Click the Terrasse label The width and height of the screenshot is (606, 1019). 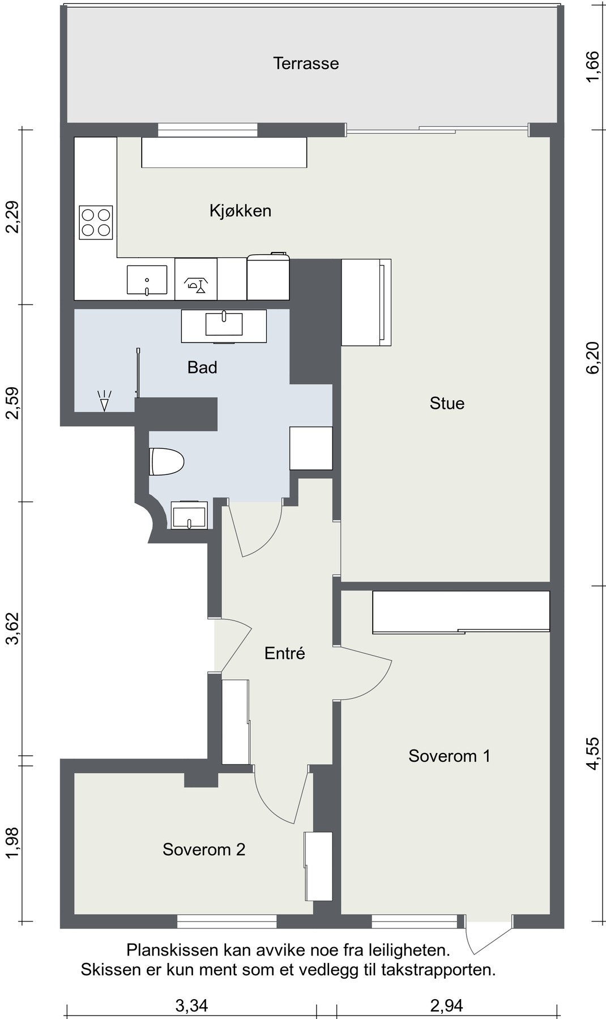306,63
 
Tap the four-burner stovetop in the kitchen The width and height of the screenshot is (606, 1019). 96,222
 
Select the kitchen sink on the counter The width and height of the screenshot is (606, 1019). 147,280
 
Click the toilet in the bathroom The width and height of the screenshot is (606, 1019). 167,462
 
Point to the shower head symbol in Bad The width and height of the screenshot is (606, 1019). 104,400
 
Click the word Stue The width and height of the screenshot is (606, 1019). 447,404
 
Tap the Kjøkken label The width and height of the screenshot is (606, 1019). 240,211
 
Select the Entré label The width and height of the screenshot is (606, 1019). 285,653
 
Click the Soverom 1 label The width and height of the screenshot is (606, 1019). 449,756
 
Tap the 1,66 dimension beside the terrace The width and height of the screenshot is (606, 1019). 592,66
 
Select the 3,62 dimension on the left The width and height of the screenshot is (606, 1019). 12,628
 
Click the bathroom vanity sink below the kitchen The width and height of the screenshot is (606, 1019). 224,326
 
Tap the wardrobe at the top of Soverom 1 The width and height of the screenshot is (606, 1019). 461,611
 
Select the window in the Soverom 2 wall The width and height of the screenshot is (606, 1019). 227,922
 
